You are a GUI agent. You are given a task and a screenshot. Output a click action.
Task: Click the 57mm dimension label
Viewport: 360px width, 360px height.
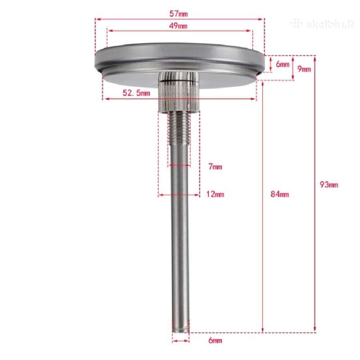click(x=178, y=14)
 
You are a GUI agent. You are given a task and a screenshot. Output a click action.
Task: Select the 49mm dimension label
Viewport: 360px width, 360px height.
click(x=178, y=26)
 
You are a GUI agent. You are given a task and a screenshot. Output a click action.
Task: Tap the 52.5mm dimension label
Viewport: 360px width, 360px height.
click(x=136, y=93)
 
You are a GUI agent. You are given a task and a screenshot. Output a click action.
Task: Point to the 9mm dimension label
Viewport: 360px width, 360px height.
click(x=304, y=69)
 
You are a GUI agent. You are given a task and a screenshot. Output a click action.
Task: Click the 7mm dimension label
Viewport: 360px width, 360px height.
click(x=215, y=166)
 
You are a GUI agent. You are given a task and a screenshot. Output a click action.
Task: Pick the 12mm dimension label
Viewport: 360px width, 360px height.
click(x=215, y=194)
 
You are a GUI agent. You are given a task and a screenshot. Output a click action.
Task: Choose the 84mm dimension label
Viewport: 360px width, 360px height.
click(x=280, y=194)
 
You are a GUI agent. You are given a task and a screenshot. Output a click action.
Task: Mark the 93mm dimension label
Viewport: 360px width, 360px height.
click(x=329, y=184)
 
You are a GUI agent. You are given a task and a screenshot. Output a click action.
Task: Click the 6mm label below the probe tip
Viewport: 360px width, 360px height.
click(x=215, y=340)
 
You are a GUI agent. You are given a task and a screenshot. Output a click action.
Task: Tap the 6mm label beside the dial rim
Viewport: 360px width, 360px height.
click(x=282, y=64)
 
